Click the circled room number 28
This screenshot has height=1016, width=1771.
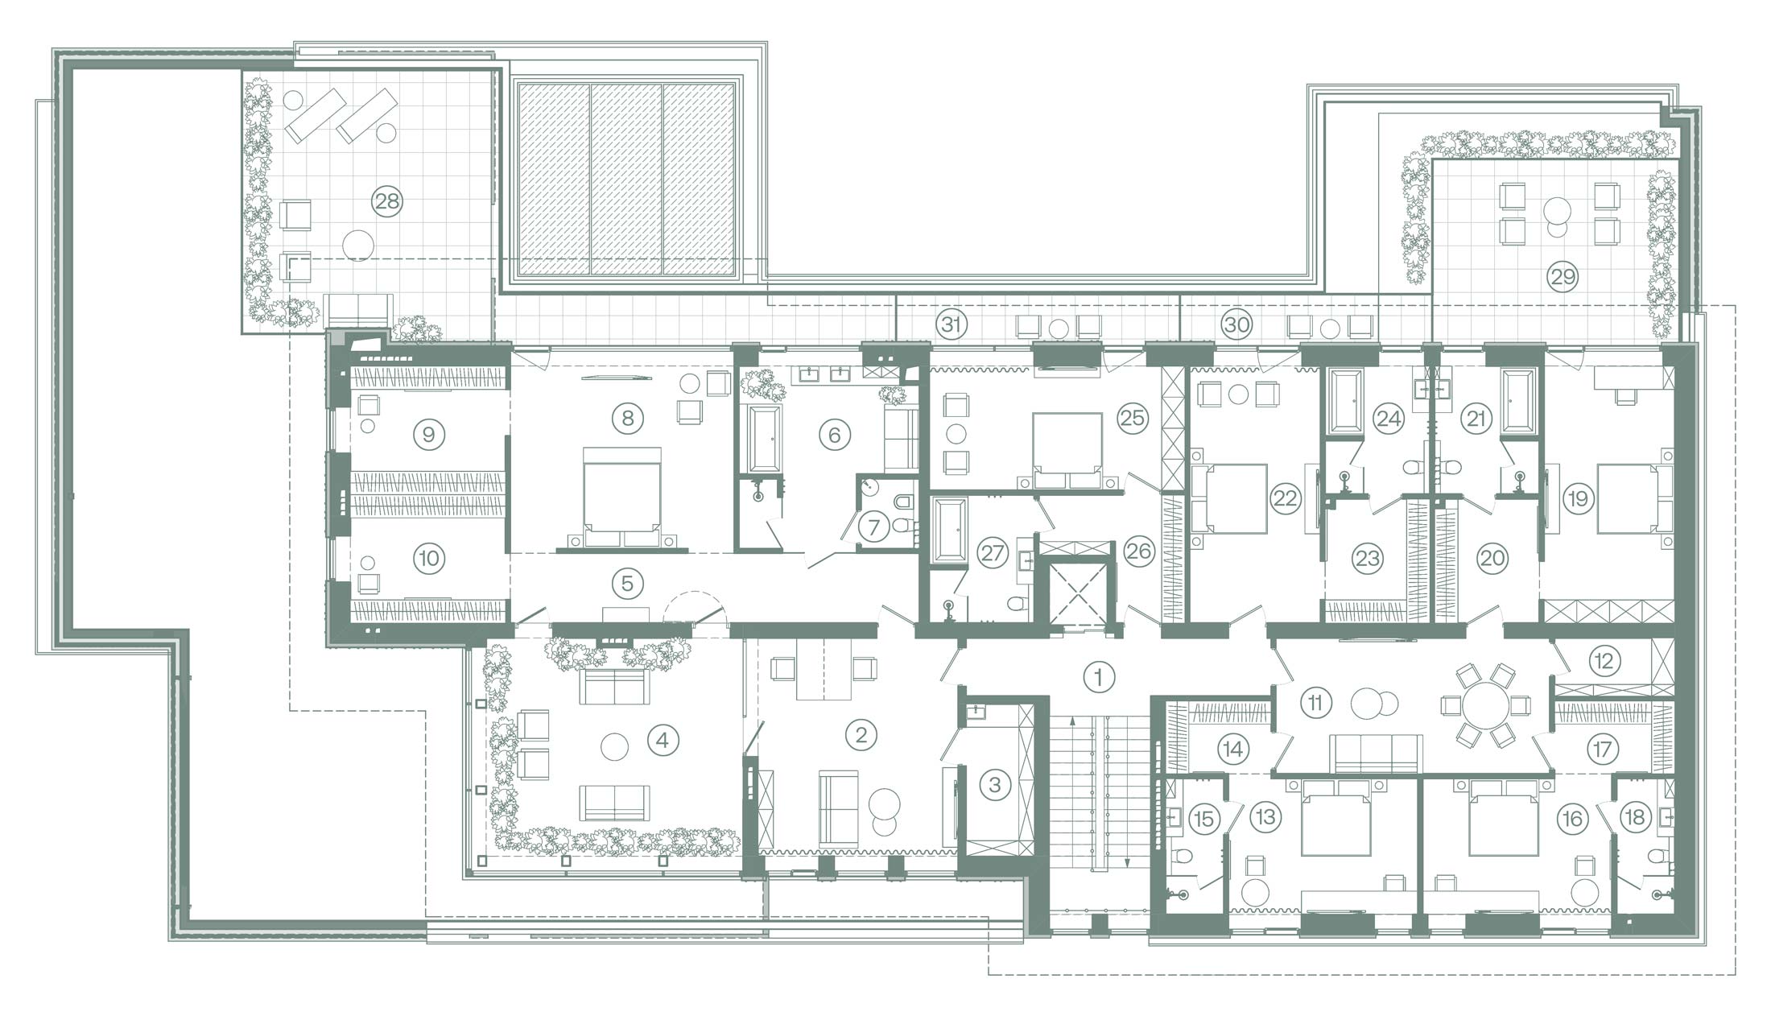387,200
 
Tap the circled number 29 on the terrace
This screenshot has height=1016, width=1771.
1563,277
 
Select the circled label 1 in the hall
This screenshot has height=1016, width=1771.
1099,677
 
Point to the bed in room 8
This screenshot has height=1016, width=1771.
621,498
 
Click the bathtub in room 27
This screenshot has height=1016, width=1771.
950,531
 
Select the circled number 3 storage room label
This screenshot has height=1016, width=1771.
995,783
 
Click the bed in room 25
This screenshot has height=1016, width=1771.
1068,451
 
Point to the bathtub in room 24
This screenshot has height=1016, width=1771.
1346,401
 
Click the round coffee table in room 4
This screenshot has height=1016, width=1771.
614,746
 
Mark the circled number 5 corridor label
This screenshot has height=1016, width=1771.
627,584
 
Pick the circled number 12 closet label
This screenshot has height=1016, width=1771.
1603,661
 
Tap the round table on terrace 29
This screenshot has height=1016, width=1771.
1558,209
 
